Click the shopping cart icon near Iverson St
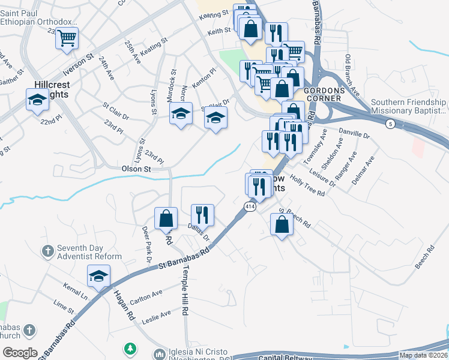click(67, 38)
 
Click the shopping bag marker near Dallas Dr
click(166, 219)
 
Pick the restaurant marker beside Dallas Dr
click(202, 215)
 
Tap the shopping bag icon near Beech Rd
click(282, 225)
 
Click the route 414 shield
click(248, 206)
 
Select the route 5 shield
click(391, 124)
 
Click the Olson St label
click(137, 170)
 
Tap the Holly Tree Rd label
click(307, 185)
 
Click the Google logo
click(20, 353)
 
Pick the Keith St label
click(219, 30)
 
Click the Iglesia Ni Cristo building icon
click(160, 355)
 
